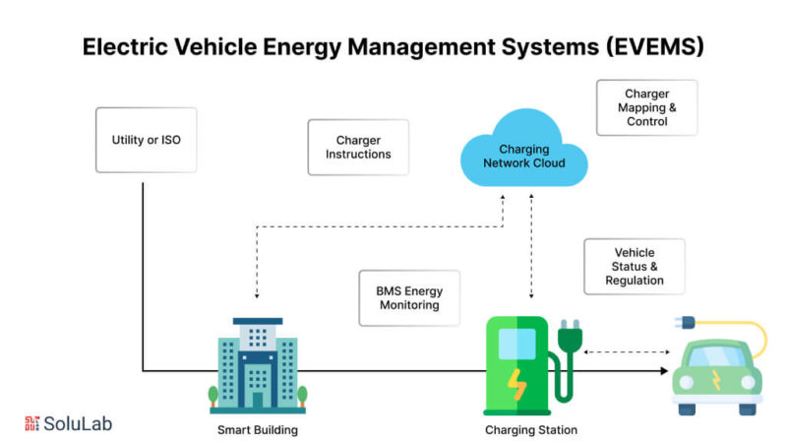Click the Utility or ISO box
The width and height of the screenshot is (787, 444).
coord(146,140)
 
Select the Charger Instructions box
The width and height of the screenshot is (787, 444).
coord(358,148)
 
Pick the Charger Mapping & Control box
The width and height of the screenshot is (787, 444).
coord(646,107)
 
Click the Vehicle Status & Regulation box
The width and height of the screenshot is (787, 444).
coord(634,267)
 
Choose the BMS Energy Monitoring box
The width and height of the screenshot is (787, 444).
coord(409,298)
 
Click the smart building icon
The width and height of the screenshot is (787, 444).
coord(258,363)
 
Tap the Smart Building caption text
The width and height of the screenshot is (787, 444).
coord(258,430)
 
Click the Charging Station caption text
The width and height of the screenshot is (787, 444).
coord(531,430)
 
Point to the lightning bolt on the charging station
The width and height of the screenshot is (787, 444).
coord(516,381)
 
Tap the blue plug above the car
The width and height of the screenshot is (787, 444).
coord(683,322)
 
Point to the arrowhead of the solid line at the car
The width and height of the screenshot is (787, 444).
coord(663,371)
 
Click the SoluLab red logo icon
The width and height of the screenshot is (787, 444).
coord(31,423)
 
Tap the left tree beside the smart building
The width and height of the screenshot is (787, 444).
coord(212,396)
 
